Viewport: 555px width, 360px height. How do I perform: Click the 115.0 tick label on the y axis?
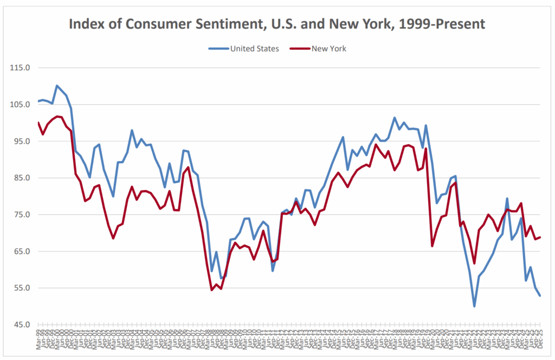coord(20,68)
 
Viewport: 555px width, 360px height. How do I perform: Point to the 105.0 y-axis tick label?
coord(20,105)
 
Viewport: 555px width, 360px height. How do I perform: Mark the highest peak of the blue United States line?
coord(57,86)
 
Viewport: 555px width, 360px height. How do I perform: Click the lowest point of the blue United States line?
coord(474,306)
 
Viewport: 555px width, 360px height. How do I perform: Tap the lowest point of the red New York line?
coord(211,290)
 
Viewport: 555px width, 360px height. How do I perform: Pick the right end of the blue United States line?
coord(540,295)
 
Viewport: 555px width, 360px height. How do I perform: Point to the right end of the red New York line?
coord(540,237)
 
